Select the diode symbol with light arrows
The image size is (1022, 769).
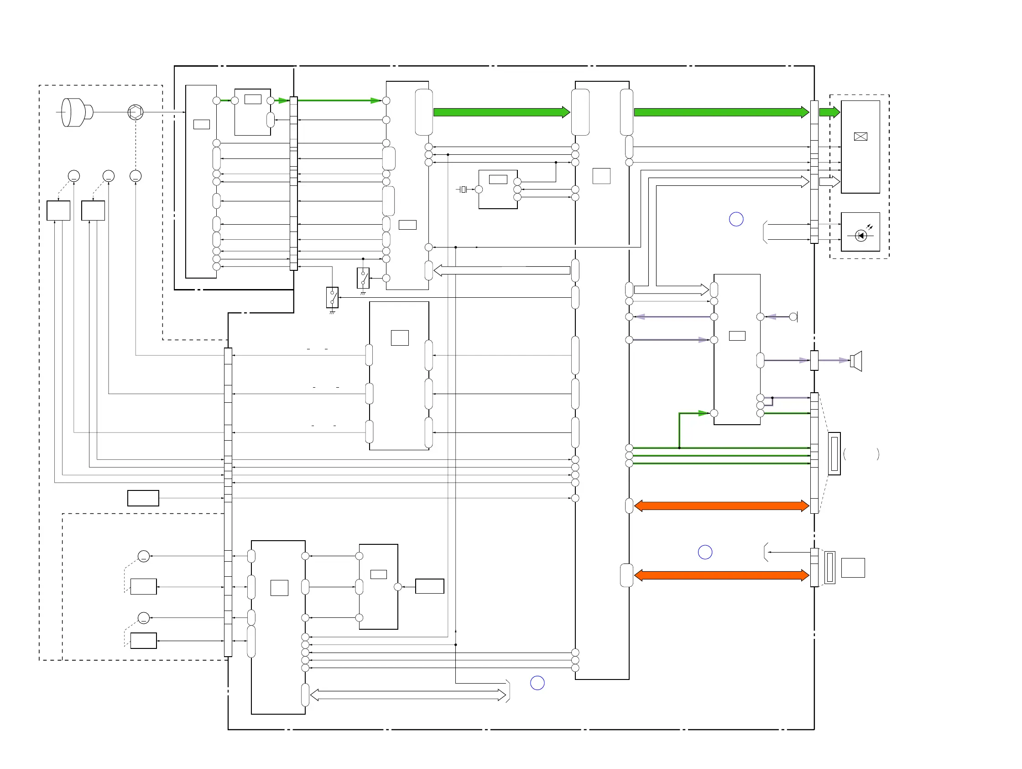(x=860, y=235)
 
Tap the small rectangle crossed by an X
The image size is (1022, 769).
(x=860, y=137)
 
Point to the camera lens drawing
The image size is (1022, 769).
(x=76, y=112)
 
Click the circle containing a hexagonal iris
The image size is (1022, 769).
(x=136, y=112)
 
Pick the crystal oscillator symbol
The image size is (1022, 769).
(x=464, y=189)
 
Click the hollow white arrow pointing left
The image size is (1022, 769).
(x=502, y=270)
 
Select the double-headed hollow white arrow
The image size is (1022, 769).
(x=408, y=695)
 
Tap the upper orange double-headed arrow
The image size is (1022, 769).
(x=721, y=506)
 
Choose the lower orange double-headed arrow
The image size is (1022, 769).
(x=721, y=575)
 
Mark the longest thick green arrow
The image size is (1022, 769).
(x=721, y=112)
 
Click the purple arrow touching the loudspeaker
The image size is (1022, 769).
(x=834, y=360)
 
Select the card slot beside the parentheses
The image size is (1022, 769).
(x=834, y=453)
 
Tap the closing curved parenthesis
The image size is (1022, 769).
(x=877, y=454)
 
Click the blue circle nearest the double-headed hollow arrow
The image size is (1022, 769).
(x=537, y=683)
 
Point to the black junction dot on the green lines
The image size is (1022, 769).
(x=679, y=448)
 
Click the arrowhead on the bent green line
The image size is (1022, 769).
(x=703, y=413)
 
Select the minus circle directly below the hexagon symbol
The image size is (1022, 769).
(x=136, y=176)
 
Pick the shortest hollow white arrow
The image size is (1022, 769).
(x=829, y=181)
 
